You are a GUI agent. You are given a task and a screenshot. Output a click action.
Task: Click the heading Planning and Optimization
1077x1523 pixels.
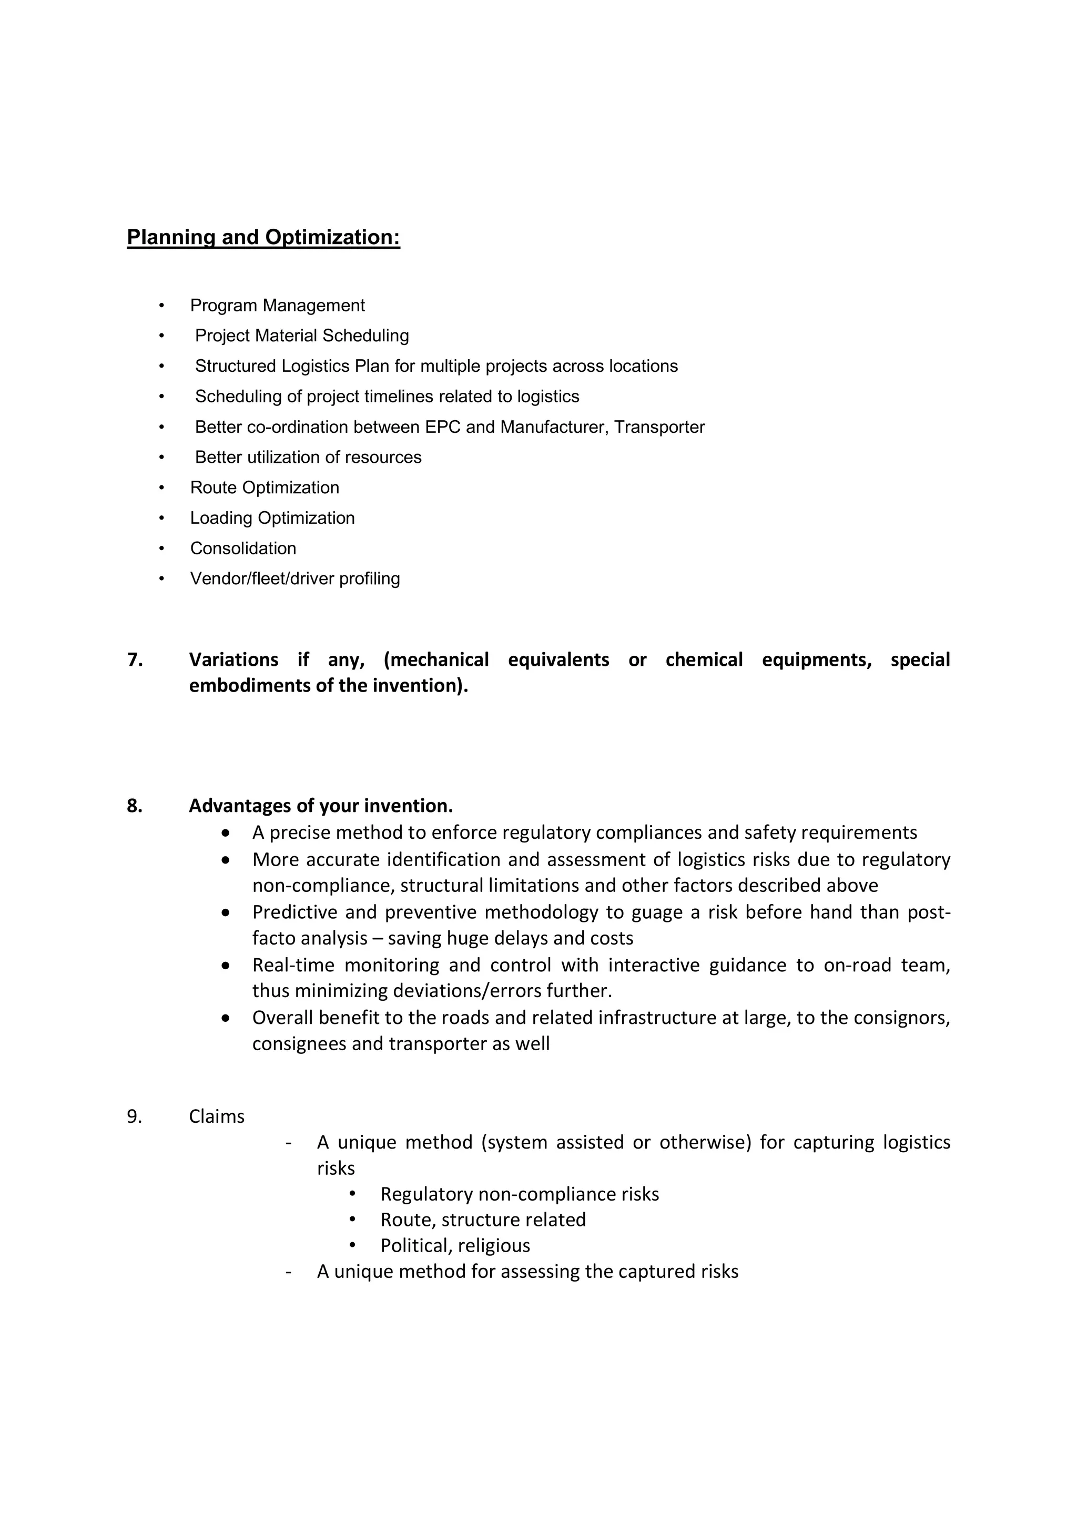coord(263,238)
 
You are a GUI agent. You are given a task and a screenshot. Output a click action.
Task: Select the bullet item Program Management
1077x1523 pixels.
coord(277,306)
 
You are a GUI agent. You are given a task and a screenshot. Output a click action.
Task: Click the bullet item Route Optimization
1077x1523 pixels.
coord(265,488)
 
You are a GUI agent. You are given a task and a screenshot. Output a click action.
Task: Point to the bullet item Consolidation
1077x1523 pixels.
coord(243,549)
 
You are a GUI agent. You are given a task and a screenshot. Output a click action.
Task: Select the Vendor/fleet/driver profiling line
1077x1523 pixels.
coord(295,579)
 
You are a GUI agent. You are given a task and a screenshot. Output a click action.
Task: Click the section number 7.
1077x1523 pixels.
coord(135,660)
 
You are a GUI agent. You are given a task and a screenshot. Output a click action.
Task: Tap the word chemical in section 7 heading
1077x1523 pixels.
coord(704,660)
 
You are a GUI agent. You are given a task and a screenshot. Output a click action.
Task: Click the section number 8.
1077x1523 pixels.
coord(135,806)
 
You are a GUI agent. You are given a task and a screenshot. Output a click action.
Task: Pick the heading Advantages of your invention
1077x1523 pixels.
coord(321,806)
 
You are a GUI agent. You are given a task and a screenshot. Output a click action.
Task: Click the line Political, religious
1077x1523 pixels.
coord(455,1246)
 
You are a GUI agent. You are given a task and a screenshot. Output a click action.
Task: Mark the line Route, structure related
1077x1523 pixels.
coord(483,1221)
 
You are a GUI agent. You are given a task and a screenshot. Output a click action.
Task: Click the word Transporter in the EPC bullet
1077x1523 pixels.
coord(659,427)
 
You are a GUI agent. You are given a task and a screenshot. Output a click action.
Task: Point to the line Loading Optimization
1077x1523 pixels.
coord(272,519)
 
